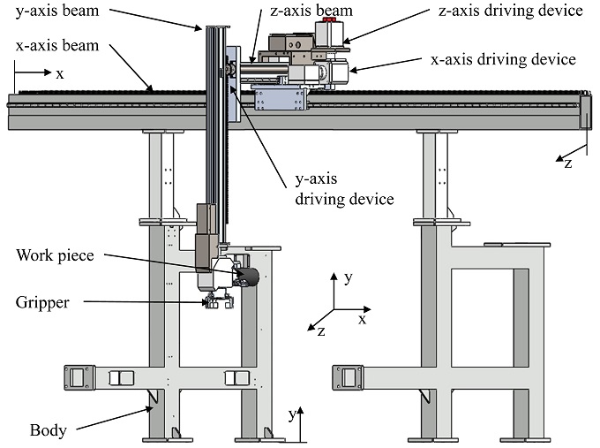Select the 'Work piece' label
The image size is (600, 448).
point(56,255)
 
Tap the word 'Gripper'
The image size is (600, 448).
point(41,302)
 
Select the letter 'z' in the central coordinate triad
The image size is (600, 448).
point(321,331)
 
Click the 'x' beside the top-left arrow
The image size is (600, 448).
point(60,73)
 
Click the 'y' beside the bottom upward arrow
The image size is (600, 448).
point(292,414)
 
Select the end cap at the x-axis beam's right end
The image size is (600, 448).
point(585,110)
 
